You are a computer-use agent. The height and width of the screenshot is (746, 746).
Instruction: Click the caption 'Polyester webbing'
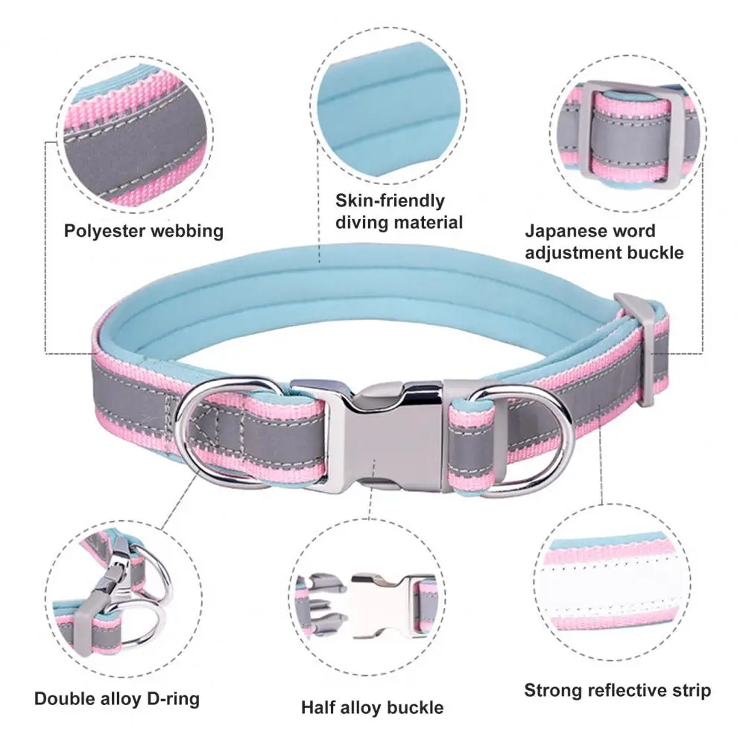tap(143, 231)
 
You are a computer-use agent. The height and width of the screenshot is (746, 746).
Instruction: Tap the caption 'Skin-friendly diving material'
tap(399, 211)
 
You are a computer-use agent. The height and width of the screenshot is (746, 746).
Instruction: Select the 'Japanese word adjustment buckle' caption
tap(604, 242)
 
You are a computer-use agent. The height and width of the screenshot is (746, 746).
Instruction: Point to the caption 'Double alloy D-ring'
tap(117, 699)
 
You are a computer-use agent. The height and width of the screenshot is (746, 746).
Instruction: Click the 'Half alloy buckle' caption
tap(372, 707)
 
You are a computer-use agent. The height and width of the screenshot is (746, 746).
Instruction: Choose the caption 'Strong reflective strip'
tap(617, 690)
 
